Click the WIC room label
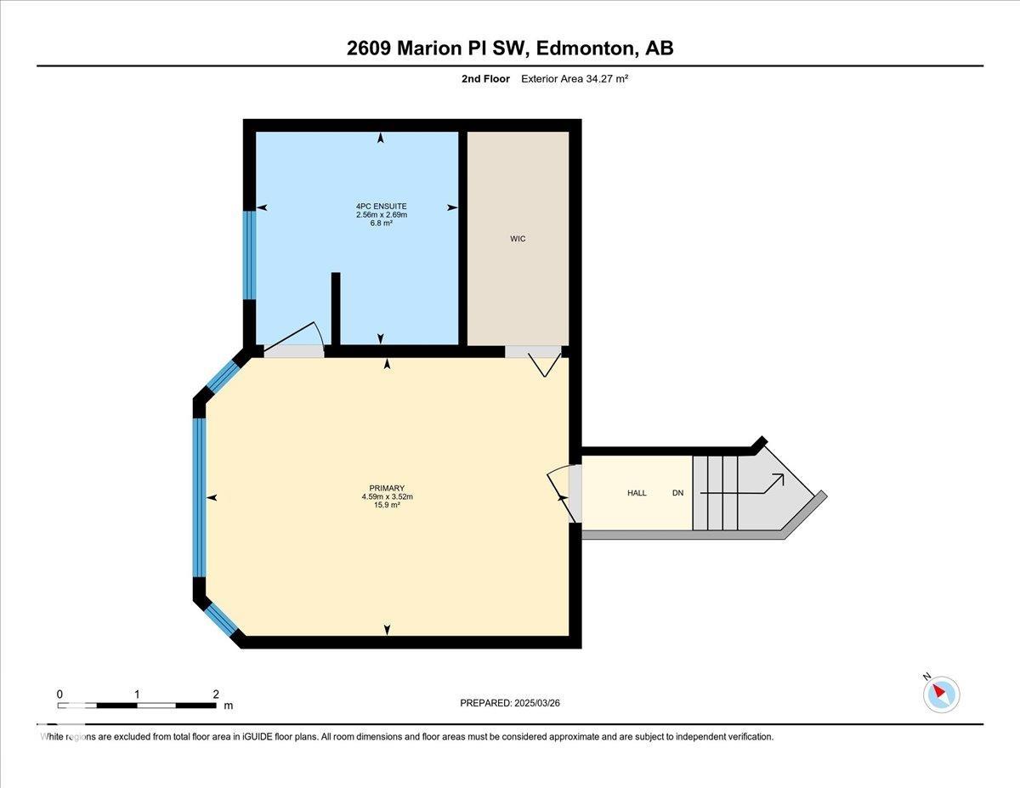[x=518, y=239]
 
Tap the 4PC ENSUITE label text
[x=381, y=206]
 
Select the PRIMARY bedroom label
[x=387, y=488]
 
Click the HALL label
[x=637, y=493]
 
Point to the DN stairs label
[x=677, y=493]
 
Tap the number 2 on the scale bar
[x=216, y=694]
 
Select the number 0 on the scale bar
[x=59, y=694]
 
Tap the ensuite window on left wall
[x=249, y=254]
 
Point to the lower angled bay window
[x=223, y=619]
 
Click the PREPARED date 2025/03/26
[x=510, y=703]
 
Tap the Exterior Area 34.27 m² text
[x=575, y=79]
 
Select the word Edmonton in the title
[x=586, y=48]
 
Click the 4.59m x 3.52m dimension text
[x=387, y=496]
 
